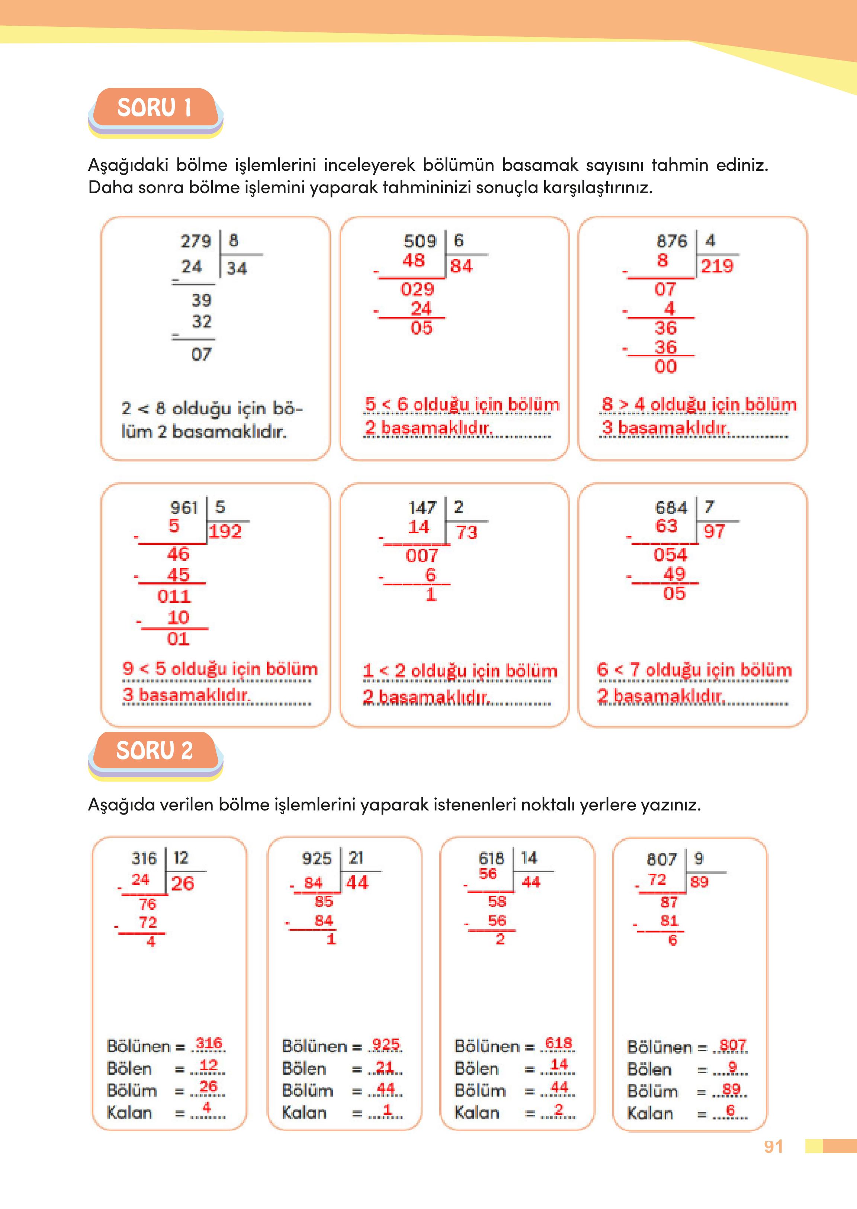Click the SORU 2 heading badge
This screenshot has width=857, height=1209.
coord(154,751)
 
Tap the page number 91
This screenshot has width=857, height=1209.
coord(773,1146)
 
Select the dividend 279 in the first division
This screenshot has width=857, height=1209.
coord(196,241)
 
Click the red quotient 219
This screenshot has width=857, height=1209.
coord(717,266)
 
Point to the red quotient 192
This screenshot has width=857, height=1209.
coord(225,531)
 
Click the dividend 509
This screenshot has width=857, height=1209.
coord(420,241)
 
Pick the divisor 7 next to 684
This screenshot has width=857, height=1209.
coord(709,507)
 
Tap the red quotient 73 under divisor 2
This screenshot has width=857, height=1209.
coord(466,532)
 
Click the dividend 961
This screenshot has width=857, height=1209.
coord(184,508)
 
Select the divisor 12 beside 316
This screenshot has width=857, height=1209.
coord(180,858)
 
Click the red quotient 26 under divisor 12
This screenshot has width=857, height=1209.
coord(183,883)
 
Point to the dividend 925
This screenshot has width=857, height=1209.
coord(317,858)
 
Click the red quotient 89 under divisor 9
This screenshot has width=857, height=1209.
coord(699,882)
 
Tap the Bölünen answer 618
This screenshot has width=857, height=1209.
coord(558,1043)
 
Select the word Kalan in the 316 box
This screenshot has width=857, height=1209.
coord(129,1112)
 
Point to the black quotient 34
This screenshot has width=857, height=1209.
coord(237,268)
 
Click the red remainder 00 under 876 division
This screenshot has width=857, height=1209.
coord(665,367)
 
